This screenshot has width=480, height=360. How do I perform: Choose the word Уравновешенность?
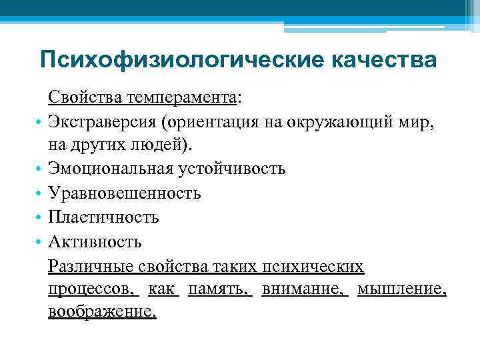(124, 193)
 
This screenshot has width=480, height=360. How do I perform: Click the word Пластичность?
(103, 217)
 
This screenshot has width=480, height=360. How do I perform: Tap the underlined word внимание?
(304, 289)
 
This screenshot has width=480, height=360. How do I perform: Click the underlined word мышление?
(401, 289)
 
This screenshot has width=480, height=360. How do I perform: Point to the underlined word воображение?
(102, 312)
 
